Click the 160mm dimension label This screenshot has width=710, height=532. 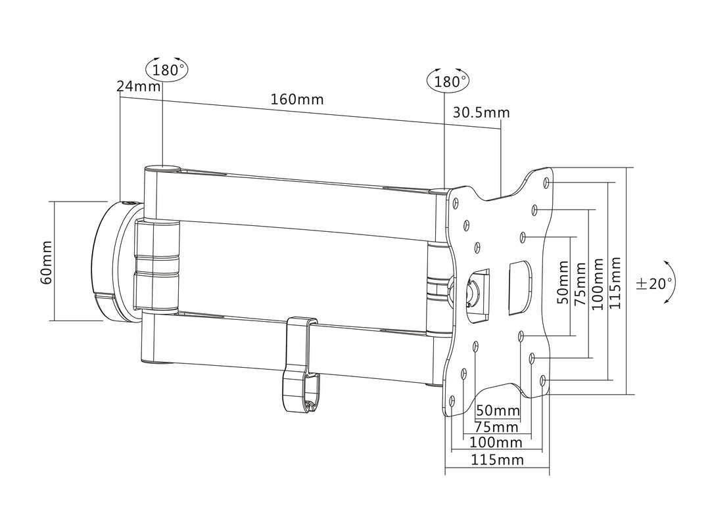297,99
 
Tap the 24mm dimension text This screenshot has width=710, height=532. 139,85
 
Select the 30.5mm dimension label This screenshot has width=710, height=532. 481,112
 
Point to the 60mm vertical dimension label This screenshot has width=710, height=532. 46,262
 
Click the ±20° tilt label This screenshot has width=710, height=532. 654,284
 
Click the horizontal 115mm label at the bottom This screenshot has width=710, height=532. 497,460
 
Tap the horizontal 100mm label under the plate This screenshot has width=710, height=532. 496,443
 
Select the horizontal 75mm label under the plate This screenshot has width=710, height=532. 496,427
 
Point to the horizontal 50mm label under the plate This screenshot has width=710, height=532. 498,410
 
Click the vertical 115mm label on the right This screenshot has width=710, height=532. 615,283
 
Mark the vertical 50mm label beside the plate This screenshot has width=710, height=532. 563,282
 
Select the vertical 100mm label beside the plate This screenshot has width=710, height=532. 597,284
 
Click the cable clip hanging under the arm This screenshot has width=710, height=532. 302,365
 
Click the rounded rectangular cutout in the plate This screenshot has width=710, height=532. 519,287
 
